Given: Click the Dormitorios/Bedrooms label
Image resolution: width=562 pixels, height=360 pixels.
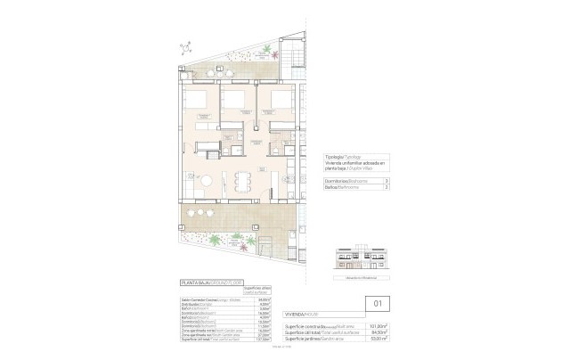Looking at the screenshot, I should coord(341,180).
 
